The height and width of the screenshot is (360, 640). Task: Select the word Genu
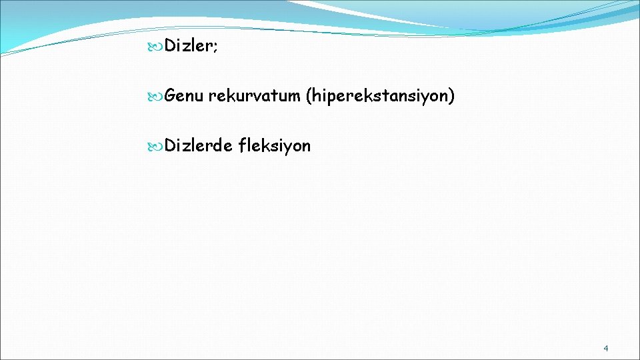click(184, 97)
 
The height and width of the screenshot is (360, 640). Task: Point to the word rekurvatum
click(254, 97)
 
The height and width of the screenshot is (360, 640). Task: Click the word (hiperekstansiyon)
click(380, 97)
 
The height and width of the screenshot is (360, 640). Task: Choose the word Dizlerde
click(198, 145)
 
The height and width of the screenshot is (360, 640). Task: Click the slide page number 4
click(605, 348)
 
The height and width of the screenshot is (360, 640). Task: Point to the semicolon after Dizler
click(214, 47)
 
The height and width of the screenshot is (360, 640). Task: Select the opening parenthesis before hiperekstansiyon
click(308, 97)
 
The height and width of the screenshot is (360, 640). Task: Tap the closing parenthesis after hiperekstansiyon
click(452, 97)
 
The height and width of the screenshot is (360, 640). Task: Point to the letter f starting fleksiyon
click(241, 145)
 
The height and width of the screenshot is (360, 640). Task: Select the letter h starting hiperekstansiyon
click(315, 97)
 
